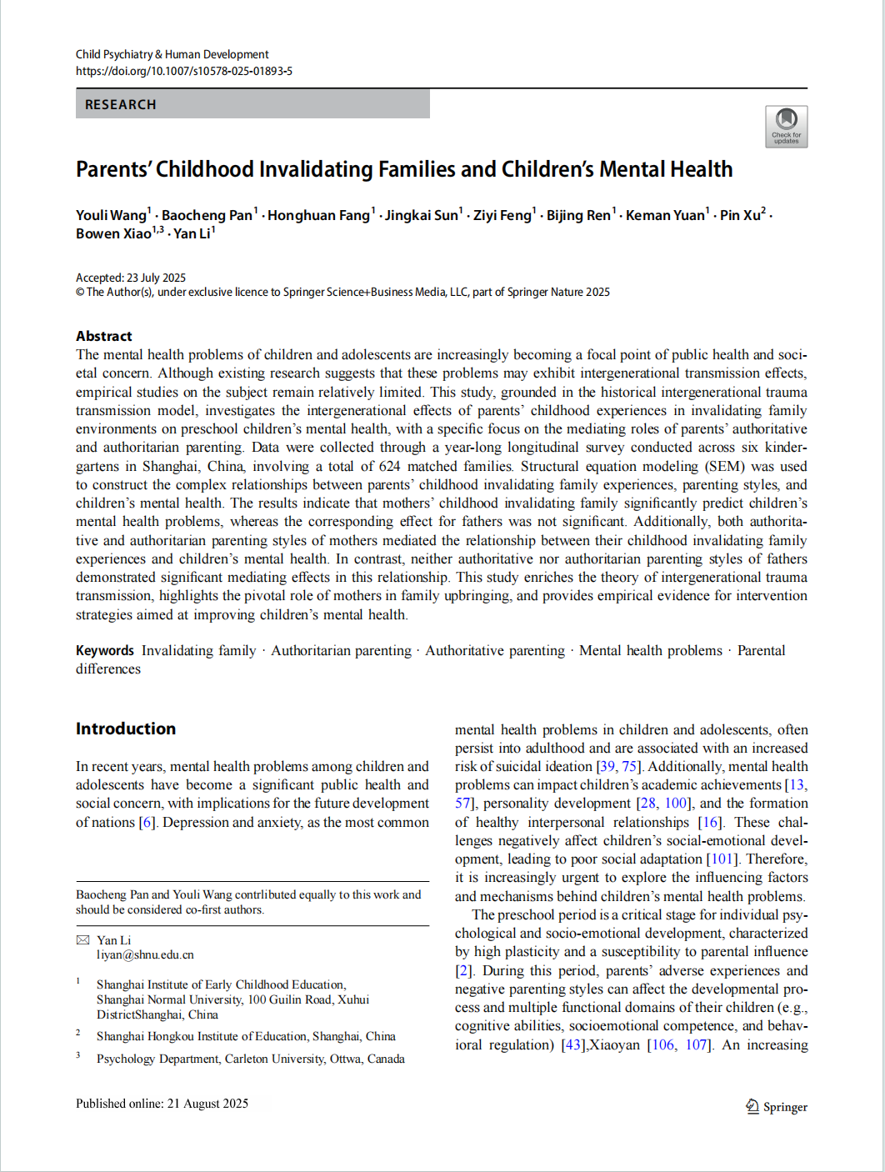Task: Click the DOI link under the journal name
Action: point(183,72)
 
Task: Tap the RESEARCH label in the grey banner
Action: point(121,105)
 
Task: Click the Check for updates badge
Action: point(786,127)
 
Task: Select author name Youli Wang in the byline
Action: point(111,215)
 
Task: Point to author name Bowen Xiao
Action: point(113,234)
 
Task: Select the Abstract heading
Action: point(104,336)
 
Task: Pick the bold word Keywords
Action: point(105,650)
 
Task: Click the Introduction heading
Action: point(126,729)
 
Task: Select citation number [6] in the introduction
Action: point(147,822)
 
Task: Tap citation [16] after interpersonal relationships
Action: point(710,822)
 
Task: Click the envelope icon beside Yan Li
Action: point(82,940)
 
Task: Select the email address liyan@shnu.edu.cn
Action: point(145,955)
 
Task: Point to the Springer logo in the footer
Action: point(777,1107)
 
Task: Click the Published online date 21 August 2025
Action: point(207,1104)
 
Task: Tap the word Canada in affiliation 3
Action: point(386,1059)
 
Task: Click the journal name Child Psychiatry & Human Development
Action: point(172,54)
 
